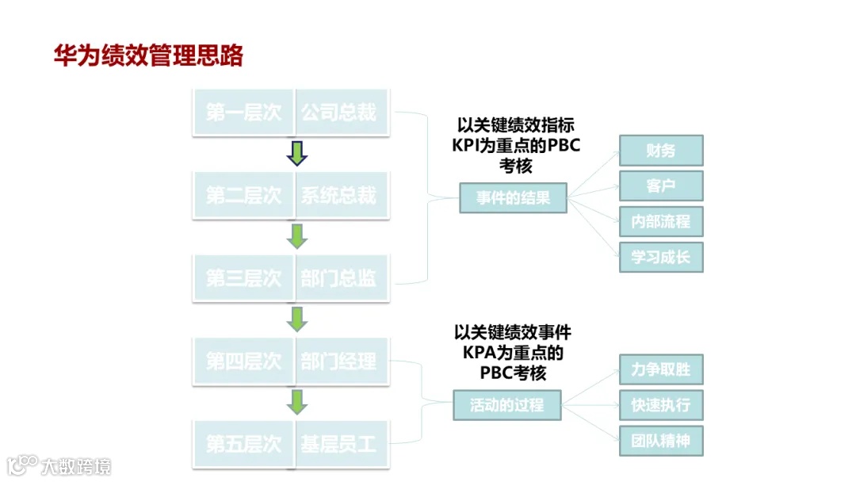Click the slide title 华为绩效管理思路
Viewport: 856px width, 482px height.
[x=148, y=56]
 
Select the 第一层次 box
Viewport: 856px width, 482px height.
[x=243, y=112]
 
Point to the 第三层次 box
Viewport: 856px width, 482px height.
[x=243, y=278]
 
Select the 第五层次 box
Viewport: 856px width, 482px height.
[x=243, y=444]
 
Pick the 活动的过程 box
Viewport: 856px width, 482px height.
[x=507, y=404]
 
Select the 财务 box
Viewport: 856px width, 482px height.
[x=660, y=151]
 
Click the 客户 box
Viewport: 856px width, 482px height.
[x=660, y=186]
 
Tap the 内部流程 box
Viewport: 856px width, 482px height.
[x=660, y=222]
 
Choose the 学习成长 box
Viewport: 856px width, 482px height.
[x=660, y=258]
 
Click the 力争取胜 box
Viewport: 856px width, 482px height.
[x=660, y=369]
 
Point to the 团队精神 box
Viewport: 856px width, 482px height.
[x=660, y=440]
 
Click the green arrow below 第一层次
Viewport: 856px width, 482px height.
[x=296, y=153]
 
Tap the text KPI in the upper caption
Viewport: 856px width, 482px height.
[x=467, y=146]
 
